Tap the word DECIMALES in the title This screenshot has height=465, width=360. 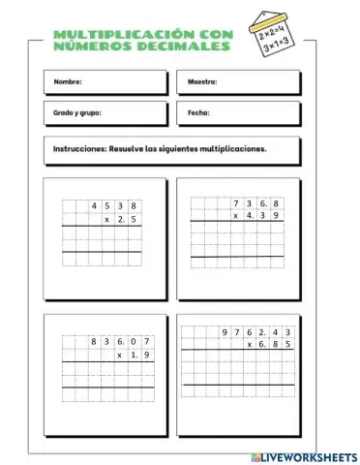tap(182, 46)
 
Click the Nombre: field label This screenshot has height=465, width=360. tap(68, 82)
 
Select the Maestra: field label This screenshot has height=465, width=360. tap(202, 82)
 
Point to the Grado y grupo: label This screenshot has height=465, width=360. tap(76, 112)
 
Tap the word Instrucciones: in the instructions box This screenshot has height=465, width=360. tap(84, 150)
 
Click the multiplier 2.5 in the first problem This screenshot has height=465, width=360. tap(128, 220)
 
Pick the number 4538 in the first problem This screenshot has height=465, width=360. tap(114, 206)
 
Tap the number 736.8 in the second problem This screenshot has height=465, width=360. tap(257, 203)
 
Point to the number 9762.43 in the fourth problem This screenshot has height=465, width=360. tap(256, 332)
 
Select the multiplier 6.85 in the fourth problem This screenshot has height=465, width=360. tap(275, 345)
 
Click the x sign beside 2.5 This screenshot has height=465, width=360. tap(106, 220)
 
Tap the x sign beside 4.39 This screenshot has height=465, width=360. tap(236, 216)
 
